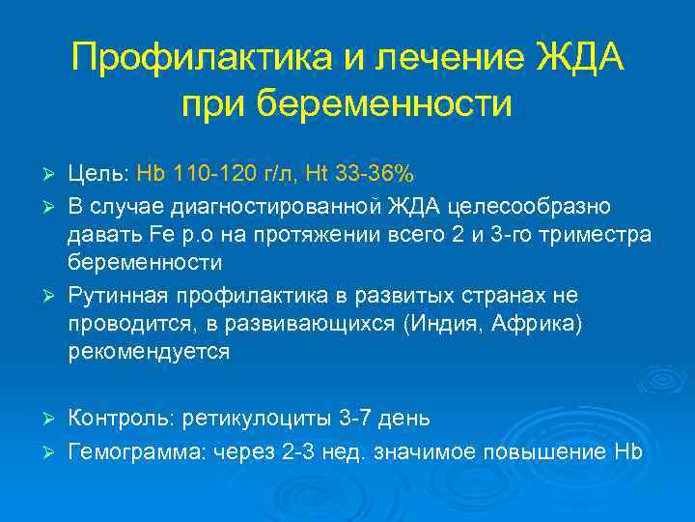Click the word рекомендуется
tap(149, 352)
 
